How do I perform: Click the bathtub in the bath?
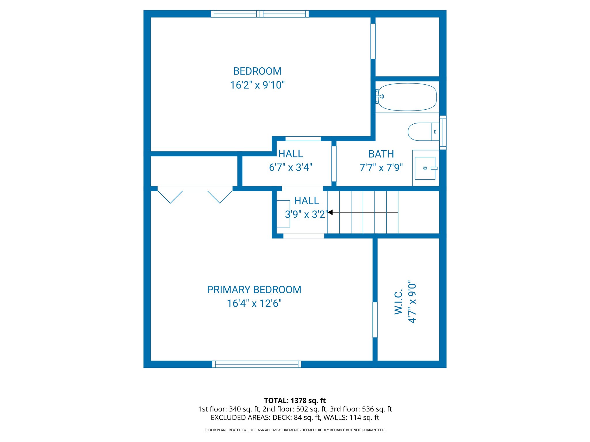click(407, 97)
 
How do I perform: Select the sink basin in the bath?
click(425, 168)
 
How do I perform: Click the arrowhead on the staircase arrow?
click(330, 212)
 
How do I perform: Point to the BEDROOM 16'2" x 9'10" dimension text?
click(257, 85)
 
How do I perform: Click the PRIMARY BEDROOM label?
click(254, 290)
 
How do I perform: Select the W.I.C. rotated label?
click(398, 302)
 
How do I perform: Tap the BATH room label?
click(381, 154)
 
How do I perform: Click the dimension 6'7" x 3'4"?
click(290, 167)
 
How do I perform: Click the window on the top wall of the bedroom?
click(260, 14)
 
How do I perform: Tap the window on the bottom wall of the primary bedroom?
click(257, 364)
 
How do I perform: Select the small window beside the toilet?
click(443, 132)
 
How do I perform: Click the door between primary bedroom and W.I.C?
click(375, 320)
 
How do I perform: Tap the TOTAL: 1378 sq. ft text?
click(295, 401)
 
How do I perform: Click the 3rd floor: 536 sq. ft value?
click(361, 409)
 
